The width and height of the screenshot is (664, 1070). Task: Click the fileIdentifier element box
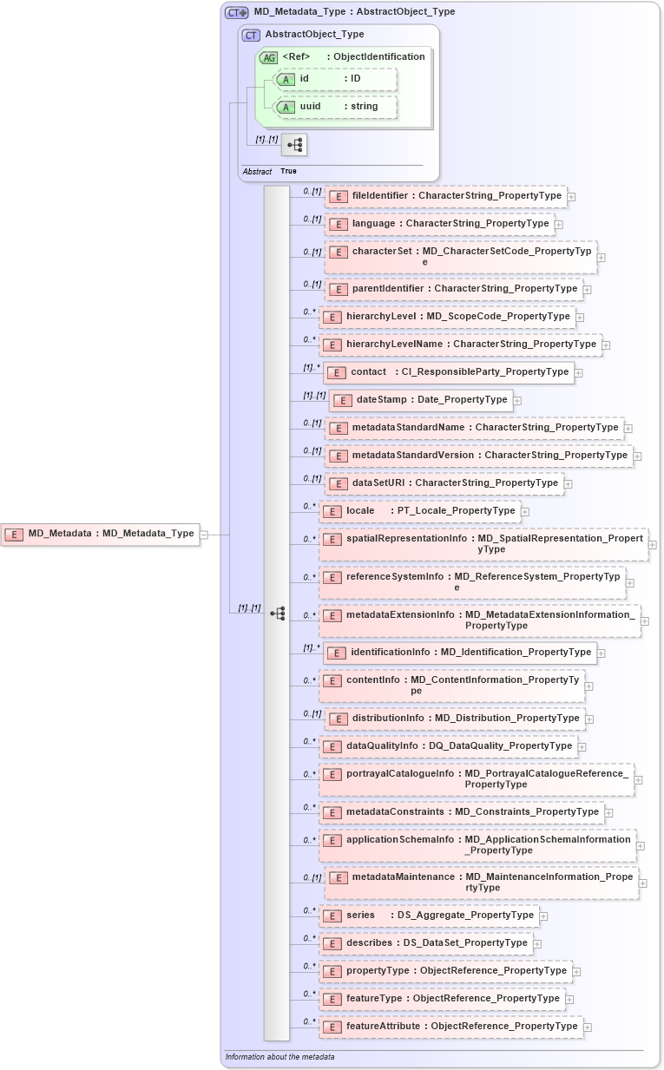[x=445, y=196]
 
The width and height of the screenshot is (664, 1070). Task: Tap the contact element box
[x=448, y=372]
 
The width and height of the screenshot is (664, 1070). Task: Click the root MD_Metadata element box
[x=100, y=534]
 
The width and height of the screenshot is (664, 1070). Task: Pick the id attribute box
[x=335, y=79]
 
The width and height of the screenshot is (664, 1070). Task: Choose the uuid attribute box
[x=335, y=107]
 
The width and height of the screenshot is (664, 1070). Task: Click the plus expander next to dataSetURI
[x=569, y=483]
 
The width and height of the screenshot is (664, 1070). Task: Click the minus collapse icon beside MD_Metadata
[x=204, y=535]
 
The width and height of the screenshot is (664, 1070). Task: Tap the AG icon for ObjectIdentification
[x=268, y=57]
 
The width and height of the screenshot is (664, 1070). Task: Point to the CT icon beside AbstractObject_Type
[x=251, y=35]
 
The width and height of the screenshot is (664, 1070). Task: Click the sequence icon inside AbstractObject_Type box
[x=293, y=145]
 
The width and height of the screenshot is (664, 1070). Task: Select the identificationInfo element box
[x=459, y=653]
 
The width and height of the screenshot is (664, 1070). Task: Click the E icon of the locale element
[x=332, y=511]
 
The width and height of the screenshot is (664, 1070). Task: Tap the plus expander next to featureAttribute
[x=588, y=1027]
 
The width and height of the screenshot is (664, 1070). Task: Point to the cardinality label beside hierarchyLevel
[x=309, y=312]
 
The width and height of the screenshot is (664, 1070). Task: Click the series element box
[x=429, y=916]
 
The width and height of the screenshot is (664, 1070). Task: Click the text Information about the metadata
[x=279, y=1057]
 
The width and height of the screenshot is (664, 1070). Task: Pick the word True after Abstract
[x=288, y=172]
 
